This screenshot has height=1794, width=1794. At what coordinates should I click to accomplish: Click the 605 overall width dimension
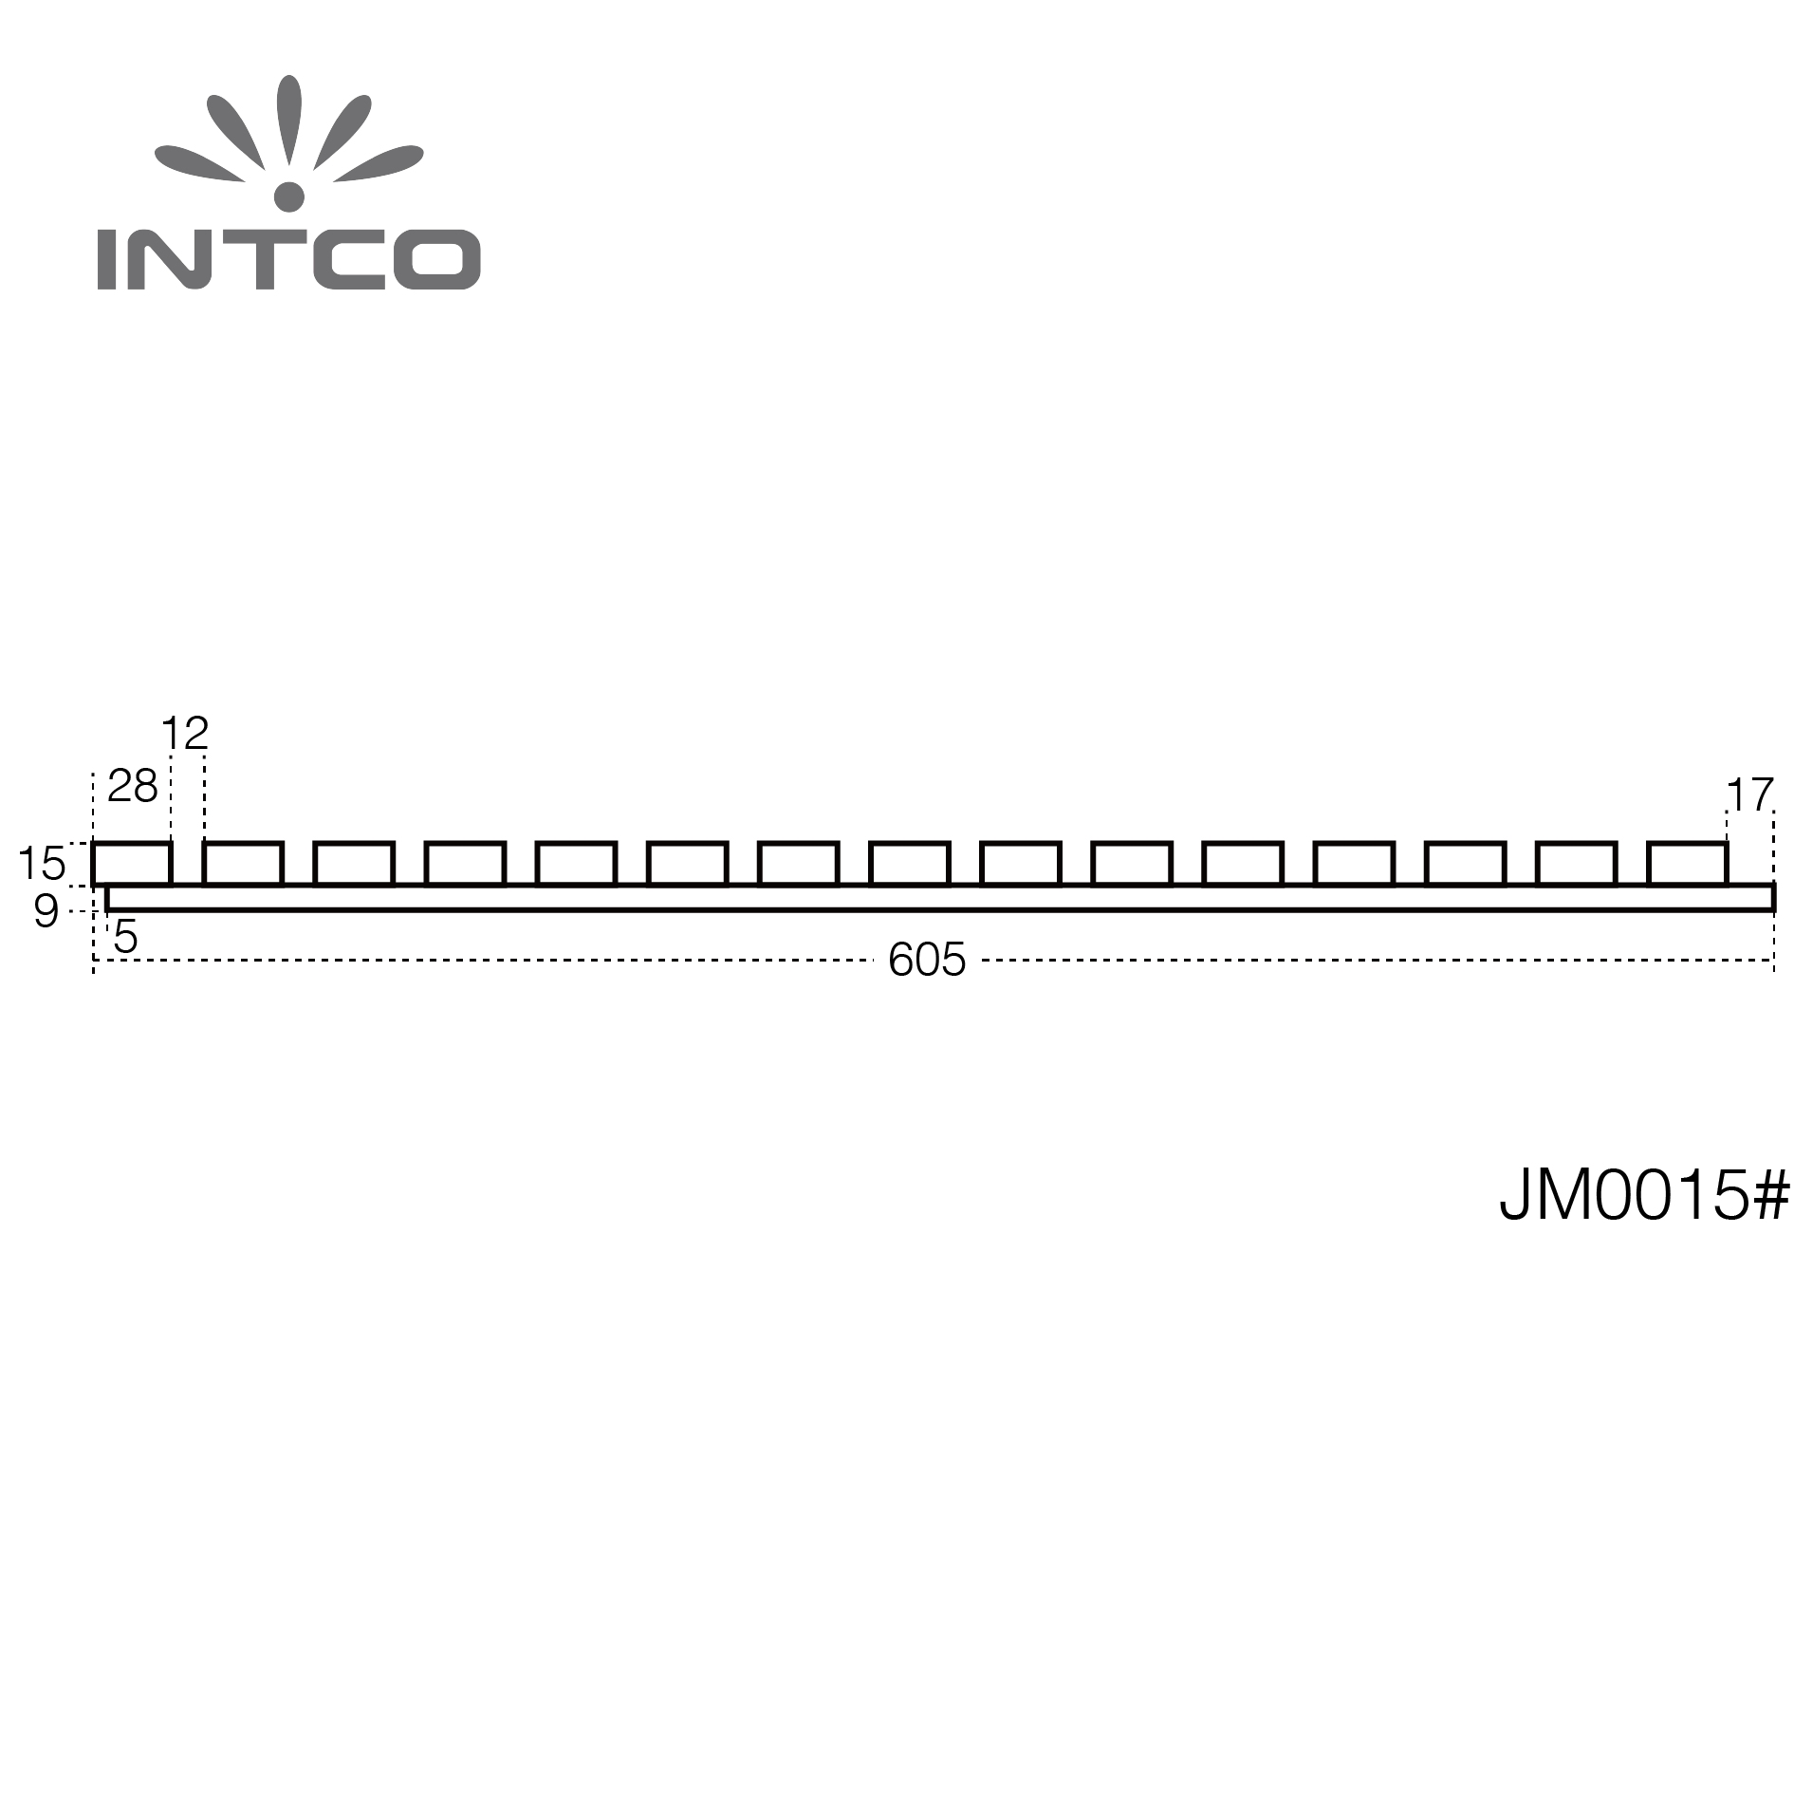[x=927, y=960]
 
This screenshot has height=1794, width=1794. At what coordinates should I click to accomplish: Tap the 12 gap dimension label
[x=185, y=734]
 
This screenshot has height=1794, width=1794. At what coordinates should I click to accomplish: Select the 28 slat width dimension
[x=133, y=786]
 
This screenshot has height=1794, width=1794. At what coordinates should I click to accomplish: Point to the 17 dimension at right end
[x=1749, y=795]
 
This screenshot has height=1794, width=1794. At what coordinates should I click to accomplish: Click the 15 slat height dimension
[x=42, y=864]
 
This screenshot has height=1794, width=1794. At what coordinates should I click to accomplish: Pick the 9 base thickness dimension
[x=46, y=911]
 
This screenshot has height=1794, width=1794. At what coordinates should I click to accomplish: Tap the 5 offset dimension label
[x=125, y=937]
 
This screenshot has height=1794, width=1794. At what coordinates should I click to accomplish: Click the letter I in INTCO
[x=106, y=258]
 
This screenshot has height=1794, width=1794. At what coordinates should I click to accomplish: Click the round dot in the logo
[x=289, y=196]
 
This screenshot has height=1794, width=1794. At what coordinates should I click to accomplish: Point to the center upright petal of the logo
[x=289, y=121]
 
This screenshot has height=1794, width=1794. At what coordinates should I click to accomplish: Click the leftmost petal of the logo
[x=199, y=162]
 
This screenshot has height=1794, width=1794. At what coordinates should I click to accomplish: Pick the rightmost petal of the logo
[x=379, y=162]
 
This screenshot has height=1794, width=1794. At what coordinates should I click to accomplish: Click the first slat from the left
[x=132, y=864]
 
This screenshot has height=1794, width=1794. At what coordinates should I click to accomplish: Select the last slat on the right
[x=1688, y=864]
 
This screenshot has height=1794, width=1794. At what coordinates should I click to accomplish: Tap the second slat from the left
[x=243, y=864]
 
